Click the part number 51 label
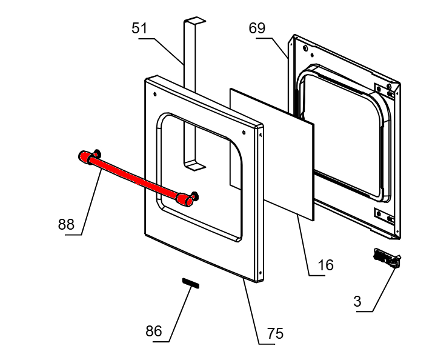(x=140, y=28)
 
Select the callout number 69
(x=257, y=28)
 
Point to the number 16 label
(x=325, y=265)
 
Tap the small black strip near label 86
(x=190, y=284)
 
